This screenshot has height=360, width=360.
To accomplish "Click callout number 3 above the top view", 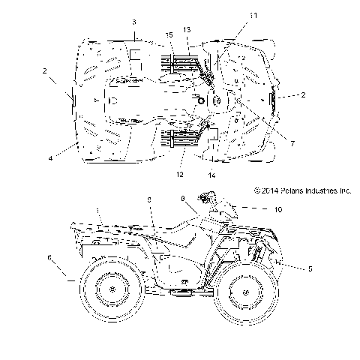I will pyautogui.click(x=133, y=22).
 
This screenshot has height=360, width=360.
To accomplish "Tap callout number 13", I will pyautogui.click(x=187, y=28).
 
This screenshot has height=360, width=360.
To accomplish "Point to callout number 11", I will pyautogui.click(x=253, y=14).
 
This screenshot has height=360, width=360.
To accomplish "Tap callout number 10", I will pyautogui.click(x=277, y=211).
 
